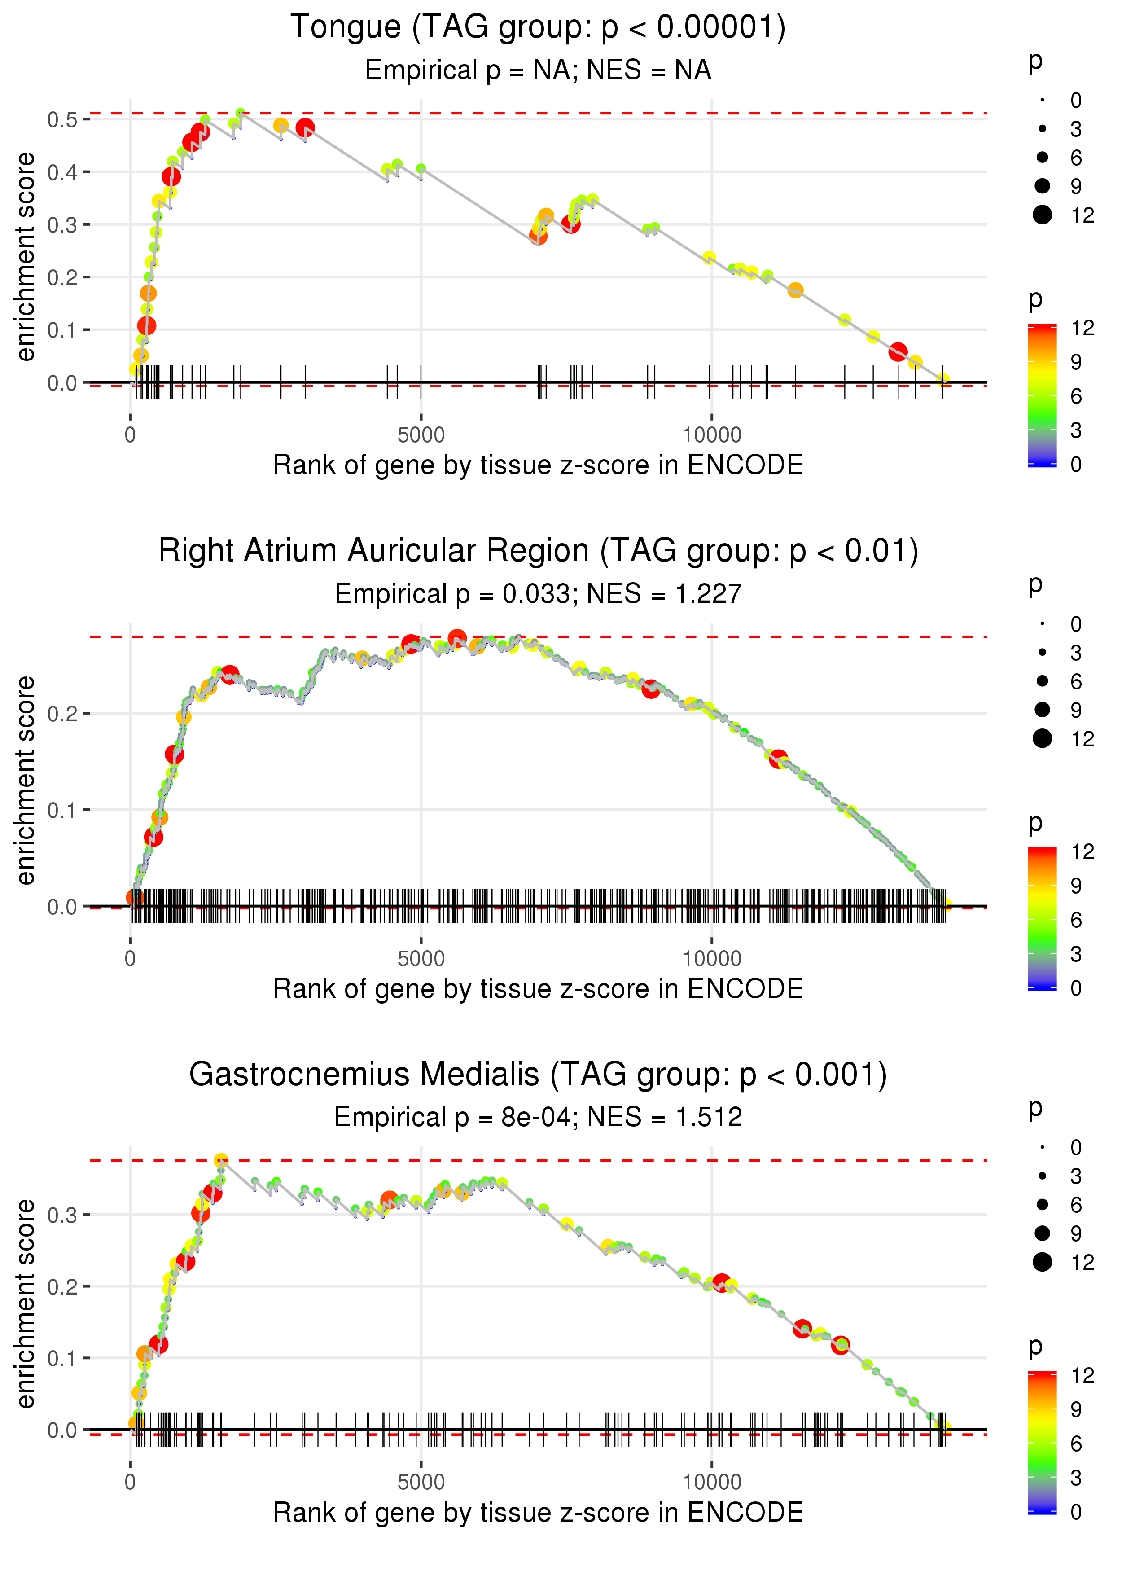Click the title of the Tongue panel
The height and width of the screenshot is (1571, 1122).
(x=538, y=28)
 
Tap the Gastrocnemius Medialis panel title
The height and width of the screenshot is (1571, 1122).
(x=538, y=1075)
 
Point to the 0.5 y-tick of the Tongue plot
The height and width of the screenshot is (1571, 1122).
(x=62, y=119)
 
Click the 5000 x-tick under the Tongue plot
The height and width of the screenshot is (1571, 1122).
(x=421, y=435)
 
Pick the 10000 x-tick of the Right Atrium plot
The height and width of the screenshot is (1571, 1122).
(x=712, y=959)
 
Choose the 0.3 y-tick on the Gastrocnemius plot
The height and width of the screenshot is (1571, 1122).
(x=62, y=1215)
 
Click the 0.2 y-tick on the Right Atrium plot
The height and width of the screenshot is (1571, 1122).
(x=62, y=714)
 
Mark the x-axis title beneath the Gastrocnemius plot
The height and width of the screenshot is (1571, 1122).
(x=538, y=1512)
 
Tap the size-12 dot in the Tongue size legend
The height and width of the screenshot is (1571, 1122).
(x=1042, y=215)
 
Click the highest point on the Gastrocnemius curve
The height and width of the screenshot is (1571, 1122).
(x=221, y=1161)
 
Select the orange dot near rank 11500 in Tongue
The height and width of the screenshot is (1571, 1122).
(x=795, y=290)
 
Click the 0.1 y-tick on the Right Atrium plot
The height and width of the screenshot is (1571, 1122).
(x=62, y=810)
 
